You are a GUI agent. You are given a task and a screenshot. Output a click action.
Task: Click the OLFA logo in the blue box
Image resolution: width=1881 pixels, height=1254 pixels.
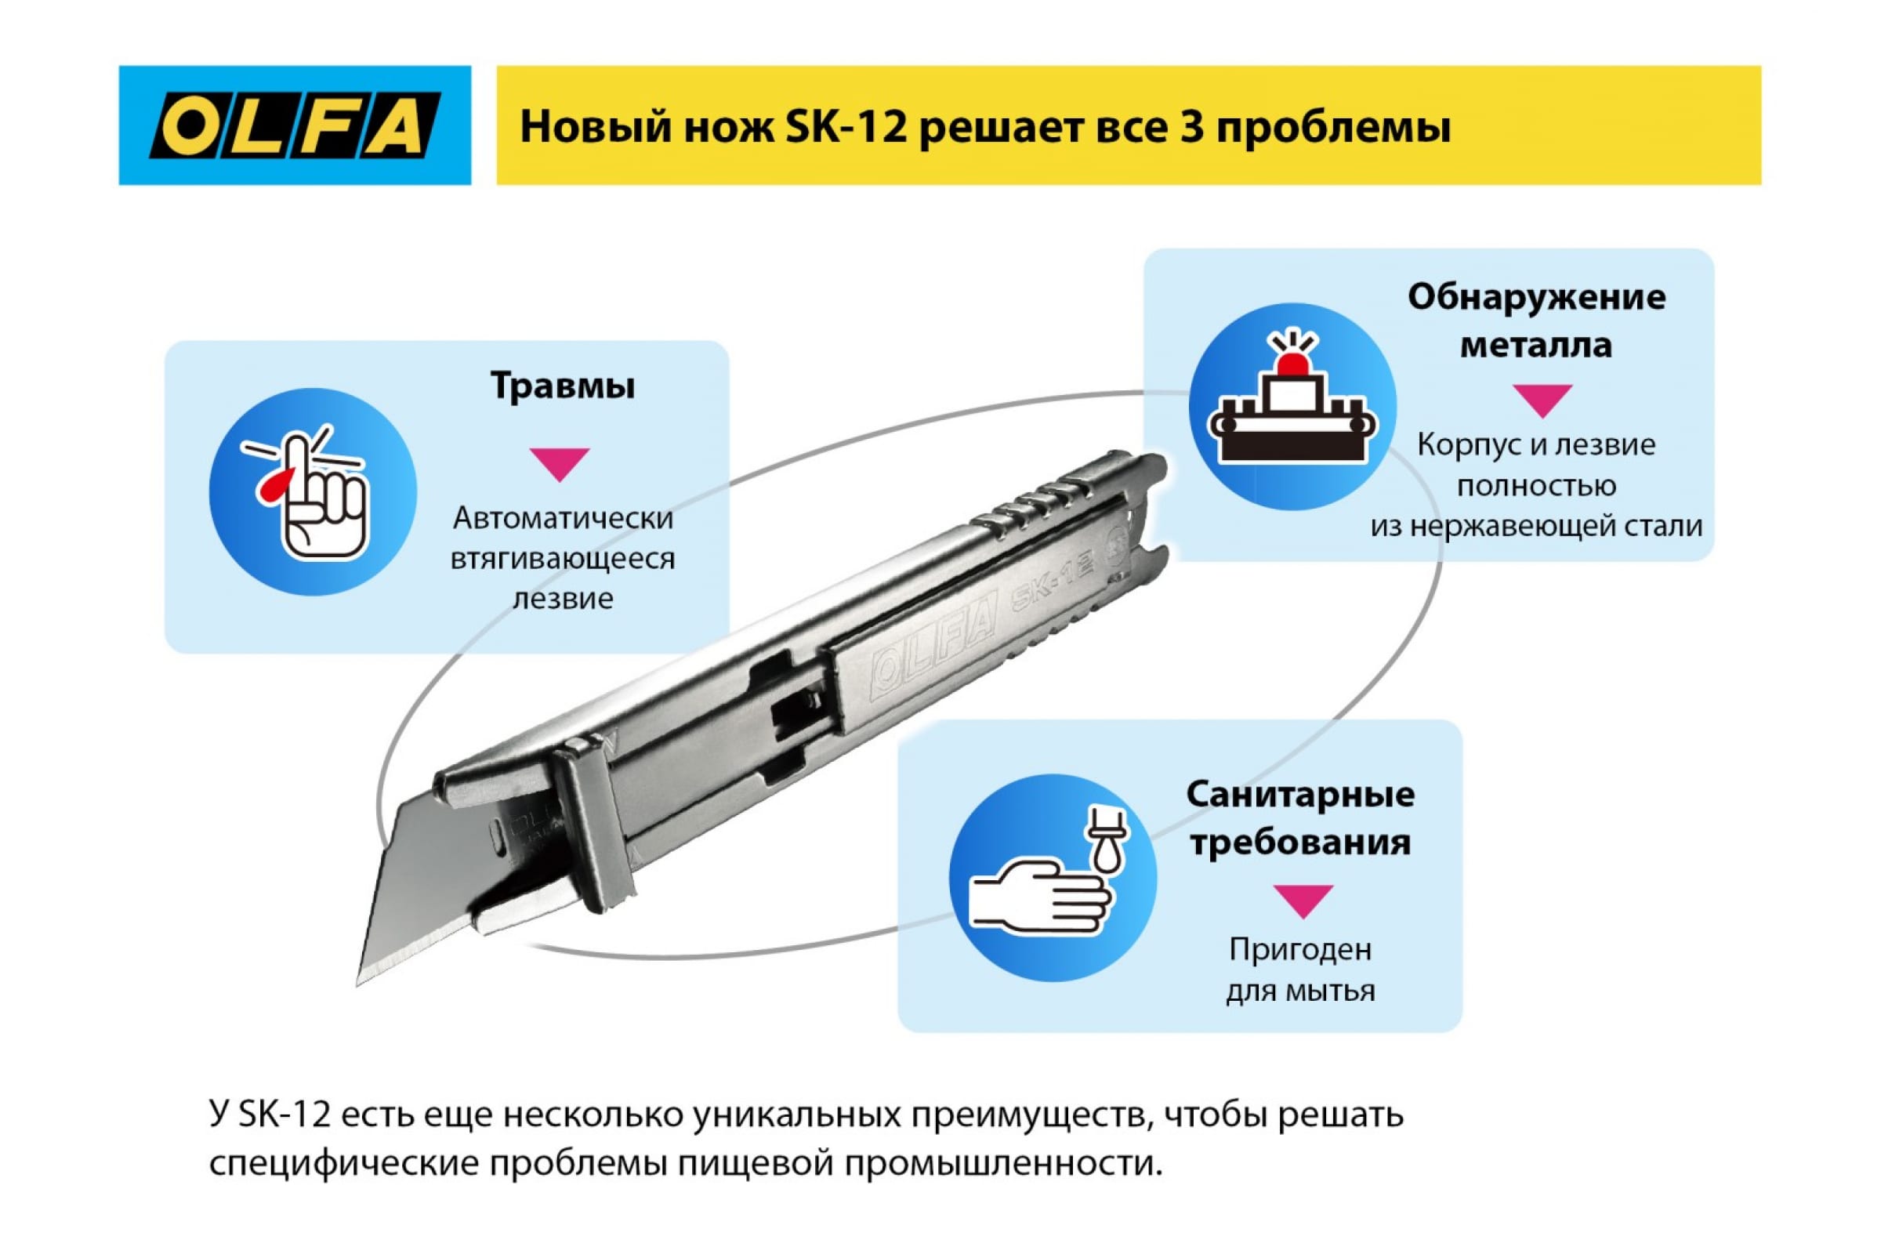[295, 125]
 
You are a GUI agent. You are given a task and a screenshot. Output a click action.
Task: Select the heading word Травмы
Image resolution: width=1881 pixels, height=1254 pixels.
[562, 386]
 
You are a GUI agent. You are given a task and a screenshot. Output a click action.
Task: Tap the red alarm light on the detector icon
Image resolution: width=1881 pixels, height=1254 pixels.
[1292, 363]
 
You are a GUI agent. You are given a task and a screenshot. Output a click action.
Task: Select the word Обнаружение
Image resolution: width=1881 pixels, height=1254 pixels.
[1536, 298]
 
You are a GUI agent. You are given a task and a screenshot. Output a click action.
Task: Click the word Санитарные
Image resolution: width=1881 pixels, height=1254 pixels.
[1300, 795]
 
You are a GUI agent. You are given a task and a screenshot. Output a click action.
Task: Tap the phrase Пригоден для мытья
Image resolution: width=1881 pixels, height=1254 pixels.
[1300, 970]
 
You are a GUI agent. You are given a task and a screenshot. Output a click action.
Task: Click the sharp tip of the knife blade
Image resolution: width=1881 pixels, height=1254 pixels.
[357, 984]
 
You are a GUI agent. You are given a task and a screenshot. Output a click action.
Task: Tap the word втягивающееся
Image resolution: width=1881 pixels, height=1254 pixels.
[562, 558]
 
